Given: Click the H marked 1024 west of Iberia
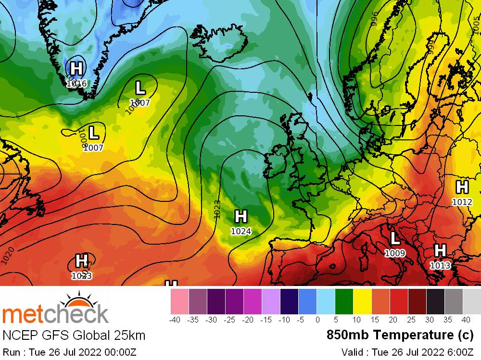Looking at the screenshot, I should point(240,217).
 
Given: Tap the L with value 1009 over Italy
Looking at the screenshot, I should point(395,238).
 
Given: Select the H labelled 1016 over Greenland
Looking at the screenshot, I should point(76,69).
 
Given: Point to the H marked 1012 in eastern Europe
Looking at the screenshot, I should point(462,187).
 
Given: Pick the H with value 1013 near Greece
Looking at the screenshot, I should point(440,250).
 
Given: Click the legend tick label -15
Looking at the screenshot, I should point(271,320).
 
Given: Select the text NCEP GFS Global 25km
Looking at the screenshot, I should point(74,335).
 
